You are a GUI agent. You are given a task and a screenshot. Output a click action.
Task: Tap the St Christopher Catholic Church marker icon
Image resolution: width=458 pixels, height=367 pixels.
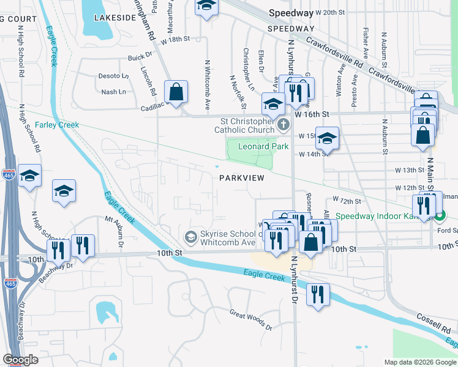(x=283, y=126)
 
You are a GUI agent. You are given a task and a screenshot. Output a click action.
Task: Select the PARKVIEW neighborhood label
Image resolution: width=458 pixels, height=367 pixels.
(x=242, y=178)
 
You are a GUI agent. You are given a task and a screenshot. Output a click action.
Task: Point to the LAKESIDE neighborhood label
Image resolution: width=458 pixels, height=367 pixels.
(x=114, y=18)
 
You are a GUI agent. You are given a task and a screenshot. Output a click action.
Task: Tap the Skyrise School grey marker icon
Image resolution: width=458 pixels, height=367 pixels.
(x=190, y=236)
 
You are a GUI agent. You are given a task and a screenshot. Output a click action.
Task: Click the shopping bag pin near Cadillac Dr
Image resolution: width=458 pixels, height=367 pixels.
(x=176, y=93)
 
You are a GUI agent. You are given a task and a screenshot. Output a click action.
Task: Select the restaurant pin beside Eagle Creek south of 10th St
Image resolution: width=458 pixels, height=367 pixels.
(x=318, y=294)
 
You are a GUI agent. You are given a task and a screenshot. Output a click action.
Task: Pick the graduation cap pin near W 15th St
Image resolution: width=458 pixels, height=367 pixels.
(x=328, y=139)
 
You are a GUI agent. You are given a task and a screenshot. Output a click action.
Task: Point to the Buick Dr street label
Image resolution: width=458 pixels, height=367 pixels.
(x=140, y=57)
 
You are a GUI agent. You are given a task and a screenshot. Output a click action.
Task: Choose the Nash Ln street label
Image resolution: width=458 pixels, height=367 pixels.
(x=113, y=92)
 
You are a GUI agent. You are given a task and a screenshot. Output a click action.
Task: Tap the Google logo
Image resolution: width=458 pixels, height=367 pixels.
(x=20, y=360)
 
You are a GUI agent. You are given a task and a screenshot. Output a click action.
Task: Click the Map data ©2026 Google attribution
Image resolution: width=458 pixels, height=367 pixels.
(x=419, y=362)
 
